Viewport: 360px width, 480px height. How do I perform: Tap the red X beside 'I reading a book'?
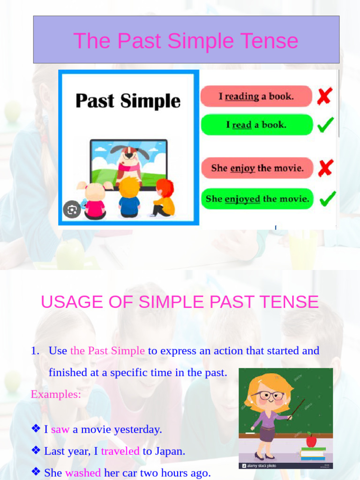(x=324, y=96)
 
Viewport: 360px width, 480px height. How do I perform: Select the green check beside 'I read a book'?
(x=326, y=125)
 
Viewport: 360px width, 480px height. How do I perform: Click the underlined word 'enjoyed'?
(x=242, y=199)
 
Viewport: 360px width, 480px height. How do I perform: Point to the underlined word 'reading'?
(x=242, y=97)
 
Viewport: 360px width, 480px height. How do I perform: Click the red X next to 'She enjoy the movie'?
(x=325, y=168)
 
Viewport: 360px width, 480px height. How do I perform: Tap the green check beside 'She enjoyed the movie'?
(x=327, y=198)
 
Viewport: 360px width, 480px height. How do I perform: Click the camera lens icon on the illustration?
(x=72, y=210)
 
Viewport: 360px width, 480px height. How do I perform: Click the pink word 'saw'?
(x=60, y=429)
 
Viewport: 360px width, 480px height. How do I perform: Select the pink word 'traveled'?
(x=120, y=451)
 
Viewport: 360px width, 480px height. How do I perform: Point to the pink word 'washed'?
(x=83, y=472)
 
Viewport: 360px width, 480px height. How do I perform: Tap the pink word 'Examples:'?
(x=56, y=394)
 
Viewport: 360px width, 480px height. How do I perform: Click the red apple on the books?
(x=311, y=441)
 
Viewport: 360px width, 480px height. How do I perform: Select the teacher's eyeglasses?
(x=267, y=395)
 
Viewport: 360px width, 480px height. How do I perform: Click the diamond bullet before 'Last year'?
(x=36, y=450)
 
